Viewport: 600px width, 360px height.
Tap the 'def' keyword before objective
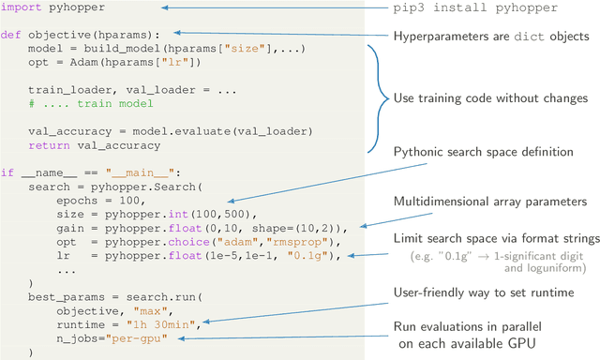click(11, 35)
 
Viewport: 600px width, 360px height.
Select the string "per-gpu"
click(142, 337)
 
